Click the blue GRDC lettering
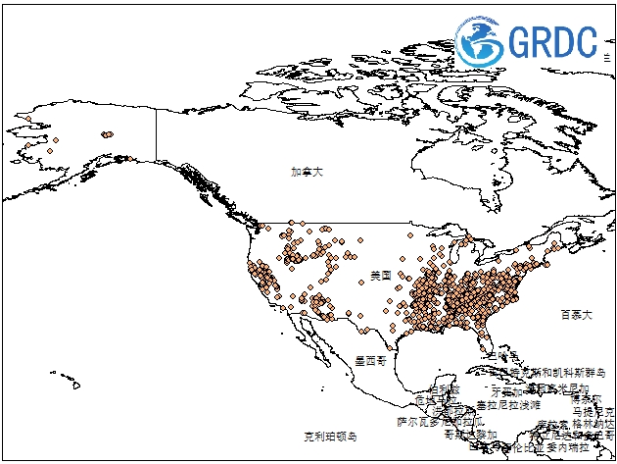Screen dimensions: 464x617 pyautogui.click(x=553, y=42)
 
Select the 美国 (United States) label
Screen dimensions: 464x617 pyautogui.click(x=380, y=276)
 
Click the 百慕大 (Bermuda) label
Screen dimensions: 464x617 pyautogui.click(x=576, y=315)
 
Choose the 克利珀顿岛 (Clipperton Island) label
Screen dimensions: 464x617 pyautogui.click(x=330, y=435)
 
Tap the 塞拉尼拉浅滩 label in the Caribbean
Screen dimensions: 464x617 pyautogui.click(x=507, y=404)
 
